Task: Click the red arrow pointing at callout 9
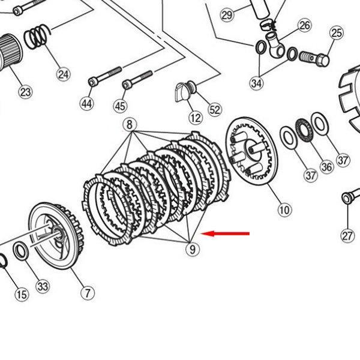227,233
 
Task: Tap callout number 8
129,124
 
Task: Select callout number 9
192,248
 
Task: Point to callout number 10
284,209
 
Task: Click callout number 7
88,293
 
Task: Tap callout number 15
21,294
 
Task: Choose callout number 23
25,92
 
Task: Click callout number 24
64,74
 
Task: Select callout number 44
87,104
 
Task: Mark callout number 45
120,106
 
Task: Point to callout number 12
195,117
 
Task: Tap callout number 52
214,110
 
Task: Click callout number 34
256,83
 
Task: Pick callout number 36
326,167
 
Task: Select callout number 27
348,235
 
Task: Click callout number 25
336,32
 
